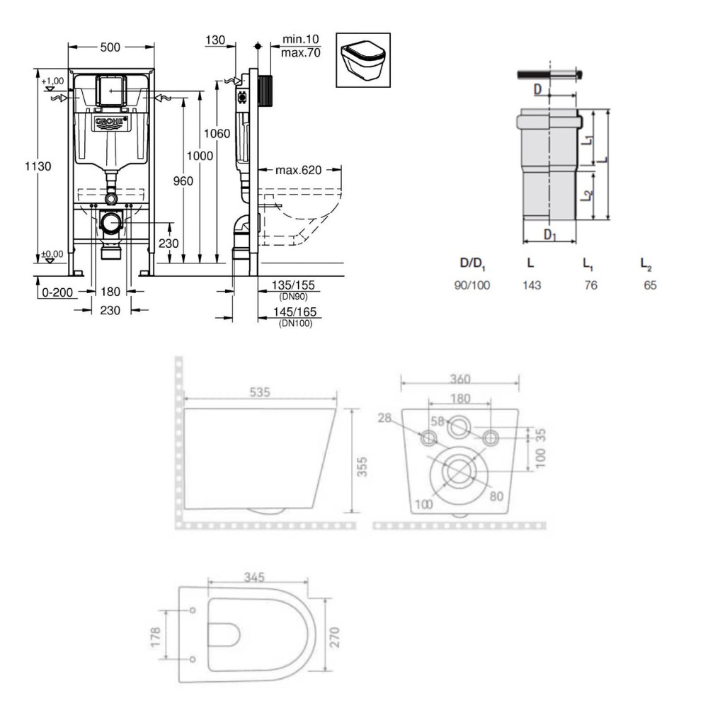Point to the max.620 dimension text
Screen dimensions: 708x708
click(x=299, y=170)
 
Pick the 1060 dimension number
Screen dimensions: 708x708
click(x=216, y=134)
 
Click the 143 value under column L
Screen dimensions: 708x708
click(x=531, y=285)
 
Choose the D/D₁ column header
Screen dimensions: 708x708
click(x=472, y=263)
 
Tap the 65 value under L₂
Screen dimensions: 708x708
click(x=650, y=285)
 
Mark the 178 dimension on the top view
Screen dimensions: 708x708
click(x=164, y=634)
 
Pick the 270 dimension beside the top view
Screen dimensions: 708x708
click(x=336, y=634)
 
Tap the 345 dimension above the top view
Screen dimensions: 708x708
click(x=255, y=578)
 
